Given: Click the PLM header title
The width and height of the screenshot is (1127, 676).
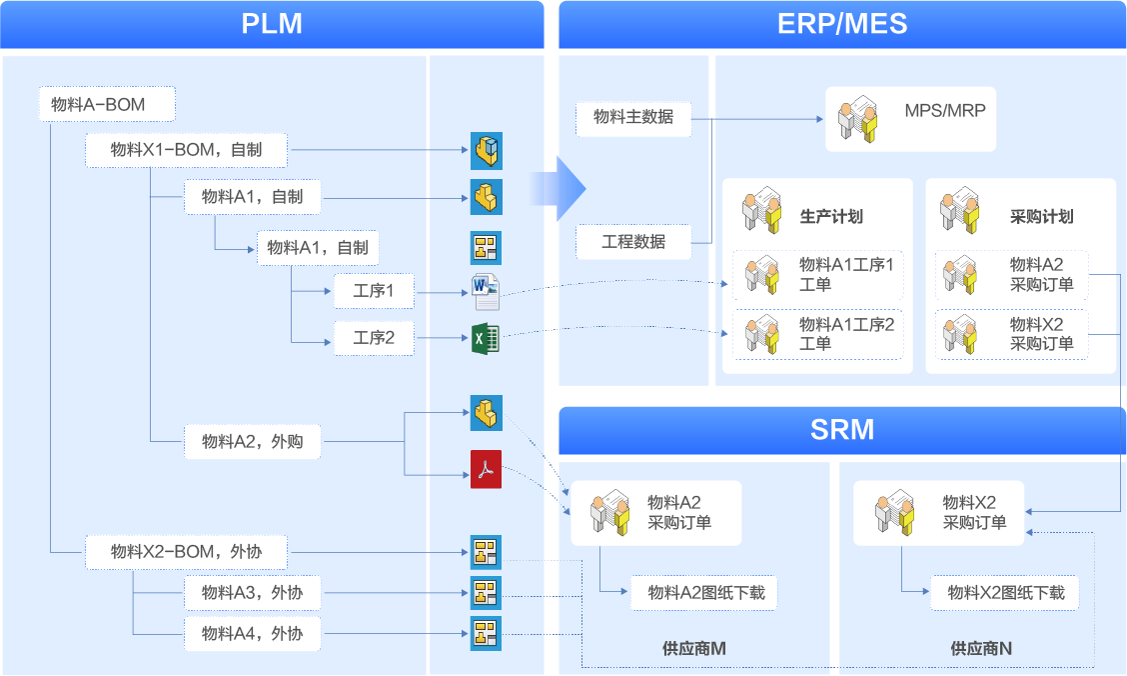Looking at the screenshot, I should [272, 23].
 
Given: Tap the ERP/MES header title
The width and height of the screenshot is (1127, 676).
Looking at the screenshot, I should [842, 23].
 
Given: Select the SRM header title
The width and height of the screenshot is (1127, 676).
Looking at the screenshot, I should [842, 430].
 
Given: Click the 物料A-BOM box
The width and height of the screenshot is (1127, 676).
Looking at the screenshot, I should [107, 104].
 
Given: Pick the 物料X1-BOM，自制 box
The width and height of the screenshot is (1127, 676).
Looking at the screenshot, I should [187, 150].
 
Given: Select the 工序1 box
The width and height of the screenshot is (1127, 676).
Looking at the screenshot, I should [374, 292].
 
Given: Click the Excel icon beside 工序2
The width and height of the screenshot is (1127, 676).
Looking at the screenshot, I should [486, 339].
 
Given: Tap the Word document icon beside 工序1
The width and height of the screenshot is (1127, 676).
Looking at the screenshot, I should [486, 291].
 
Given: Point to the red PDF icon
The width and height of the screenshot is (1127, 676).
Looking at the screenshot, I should [486, 469].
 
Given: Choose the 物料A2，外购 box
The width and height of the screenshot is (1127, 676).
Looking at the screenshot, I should [252, 441].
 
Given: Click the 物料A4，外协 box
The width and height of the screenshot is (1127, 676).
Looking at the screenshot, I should [252, 634].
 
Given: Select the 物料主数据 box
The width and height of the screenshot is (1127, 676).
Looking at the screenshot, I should [633, 117].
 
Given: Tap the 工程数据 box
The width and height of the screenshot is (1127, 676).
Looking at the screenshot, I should [633, 241].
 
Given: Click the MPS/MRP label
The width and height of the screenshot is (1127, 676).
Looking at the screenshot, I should [944, 111].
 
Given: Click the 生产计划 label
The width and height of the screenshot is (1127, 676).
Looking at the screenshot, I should [831, 216].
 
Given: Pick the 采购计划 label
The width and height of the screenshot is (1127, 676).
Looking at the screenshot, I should [1042, 216].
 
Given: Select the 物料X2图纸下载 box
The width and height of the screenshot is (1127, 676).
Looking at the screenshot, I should [1005, 593].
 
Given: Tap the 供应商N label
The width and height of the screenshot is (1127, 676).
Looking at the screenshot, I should [981, 649].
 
